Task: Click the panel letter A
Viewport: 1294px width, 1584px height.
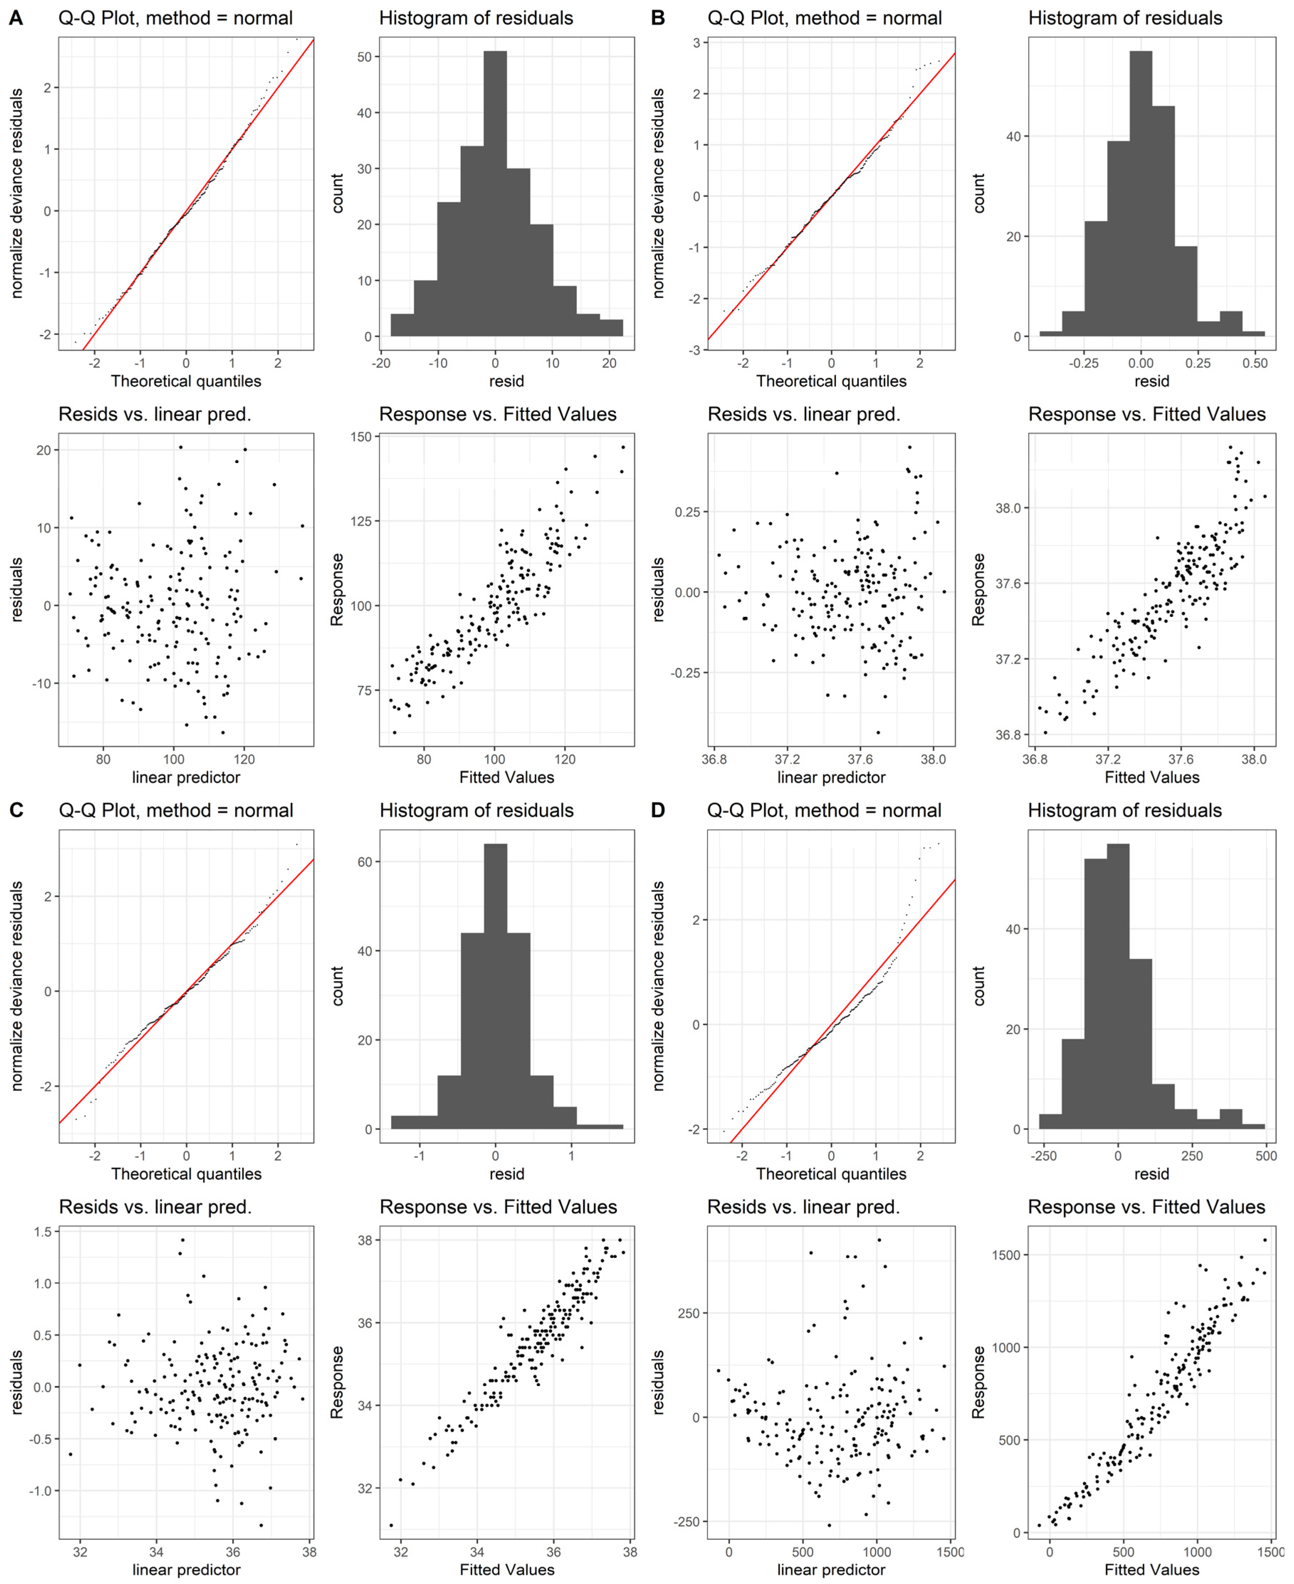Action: [15, 18]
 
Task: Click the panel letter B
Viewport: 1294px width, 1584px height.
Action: [657, 18]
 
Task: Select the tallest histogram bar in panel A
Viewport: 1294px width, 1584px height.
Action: [495, 194]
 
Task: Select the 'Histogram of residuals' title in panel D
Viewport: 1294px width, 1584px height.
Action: [1125, 810]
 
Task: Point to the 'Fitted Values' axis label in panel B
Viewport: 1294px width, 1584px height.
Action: [1152, 777]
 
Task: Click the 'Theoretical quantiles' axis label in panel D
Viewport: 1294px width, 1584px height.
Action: [831, 1174]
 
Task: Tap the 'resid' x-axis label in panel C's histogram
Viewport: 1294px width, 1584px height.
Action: [507, 1174]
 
